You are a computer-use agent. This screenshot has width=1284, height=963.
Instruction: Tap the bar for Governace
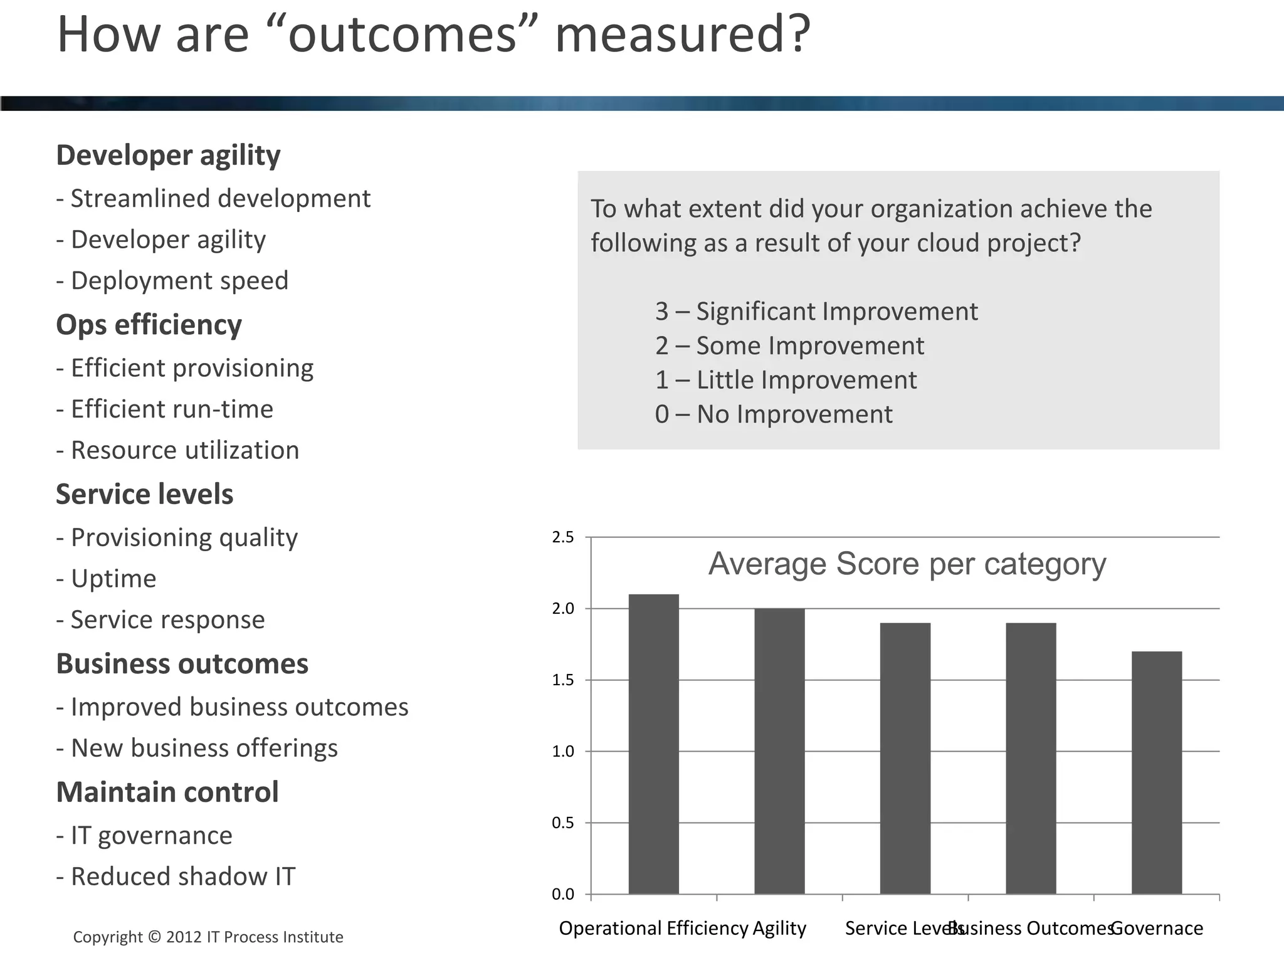tap(1157, 772)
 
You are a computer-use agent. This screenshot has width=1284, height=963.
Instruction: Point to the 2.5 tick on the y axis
tap(562, 537)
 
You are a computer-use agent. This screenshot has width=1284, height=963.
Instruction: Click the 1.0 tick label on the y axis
tap(562, 751)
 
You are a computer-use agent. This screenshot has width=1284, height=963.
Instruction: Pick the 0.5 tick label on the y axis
tap(562, 823)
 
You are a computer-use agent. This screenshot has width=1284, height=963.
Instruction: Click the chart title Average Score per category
tap(907, 564)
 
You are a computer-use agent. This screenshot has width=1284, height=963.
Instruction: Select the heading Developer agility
tap(168, 155)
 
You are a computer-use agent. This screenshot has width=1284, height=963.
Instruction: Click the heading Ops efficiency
tap(149, 325)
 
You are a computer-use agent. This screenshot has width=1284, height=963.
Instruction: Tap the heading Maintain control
tap(167, 792)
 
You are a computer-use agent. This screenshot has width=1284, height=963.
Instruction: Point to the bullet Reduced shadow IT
tap(176, 876)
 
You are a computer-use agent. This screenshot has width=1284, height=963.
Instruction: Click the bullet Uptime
tap(107, 579)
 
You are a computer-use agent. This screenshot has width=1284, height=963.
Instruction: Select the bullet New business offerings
tap(197, 748)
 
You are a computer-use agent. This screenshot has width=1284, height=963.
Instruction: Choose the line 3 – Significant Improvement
tap(816, 312)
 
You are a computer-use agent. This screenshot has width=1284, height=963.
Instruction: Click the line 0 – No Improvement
tap(773, 414)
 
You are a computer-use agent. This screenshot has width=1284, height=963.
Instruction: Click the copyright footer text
tap(208, 937)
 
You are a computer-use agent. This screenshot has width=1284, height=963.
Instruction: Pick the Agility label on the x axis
tap(779, 928)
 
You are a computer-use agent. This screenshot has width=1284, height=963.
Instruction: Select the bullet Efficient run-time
tap(165, 409)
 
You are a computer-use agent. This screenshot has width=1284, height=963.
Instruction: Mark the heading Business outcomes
tap(182, 664)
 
